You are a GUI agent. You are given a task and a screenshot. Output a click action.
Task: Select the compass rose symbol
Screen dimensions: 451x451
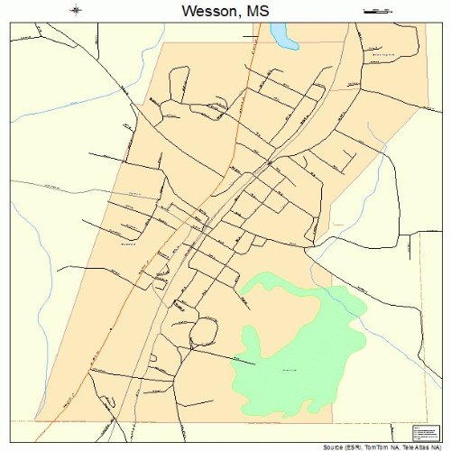(x=77, y=11)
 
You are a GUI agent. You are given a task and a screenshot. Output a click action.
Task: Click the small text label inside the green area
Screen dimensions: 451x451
(x=290, y=371)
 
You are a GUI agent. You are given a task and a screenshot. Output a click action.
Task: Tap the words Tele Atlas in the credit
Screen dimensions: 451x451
(x=416, y=445)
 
